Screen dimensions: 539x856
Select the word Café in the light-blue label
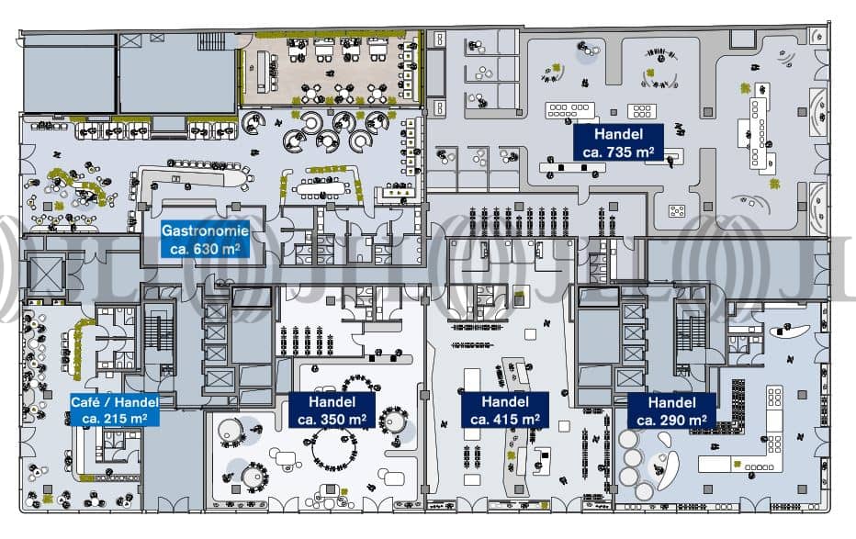tap(88, 402)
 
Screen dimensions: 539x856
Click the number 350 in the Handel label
tap(333, 419)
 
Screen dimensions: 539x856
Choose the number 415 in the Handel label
tap(505, 419)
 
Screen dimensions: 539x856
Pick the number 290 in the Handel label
tap(676, 419)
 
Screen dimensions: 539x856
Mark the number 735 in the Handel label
tap(625, 151)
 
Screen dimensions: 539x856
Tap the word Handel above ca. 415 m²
tap(505, 402)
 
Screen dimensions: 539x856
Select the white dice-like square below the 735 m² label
tap(677, 211)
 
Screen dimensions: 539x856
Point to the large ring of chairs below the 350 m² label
tap(334, 450)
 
